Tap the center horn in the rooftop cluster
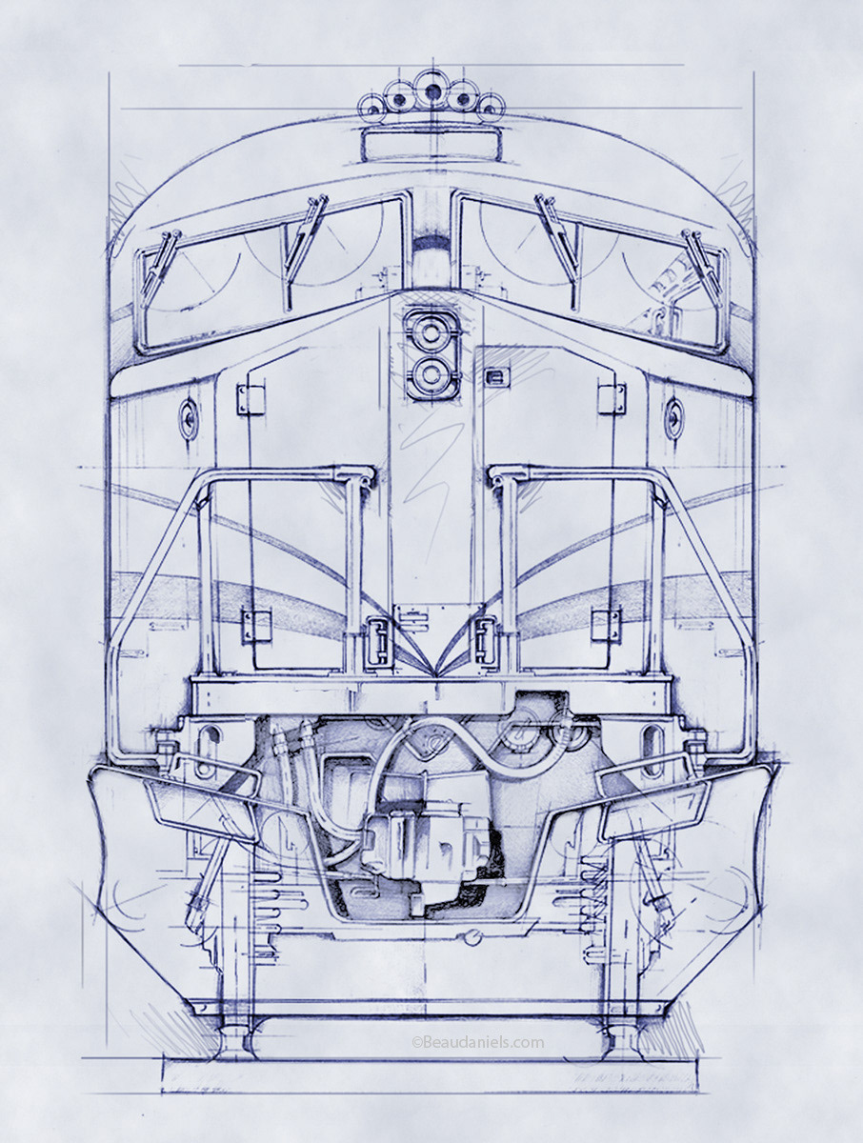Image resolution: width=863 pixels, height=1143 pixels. click(431, 92)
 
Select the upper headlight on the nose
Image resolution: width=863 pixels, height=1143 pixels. click(431, 331)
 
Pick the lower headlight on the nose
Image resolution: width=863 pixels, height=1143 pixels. click(431, 374)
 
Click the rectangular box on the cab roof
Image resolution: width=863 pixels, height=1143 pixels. click(431, 147)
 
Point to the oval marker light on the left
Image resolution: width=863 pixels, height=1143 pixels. click(190, 418)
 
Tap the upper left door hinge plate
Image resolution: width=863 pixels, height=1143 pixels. click(251, 399)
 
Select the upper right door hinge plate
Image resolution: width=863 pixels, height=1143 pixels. click(612, 399)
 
